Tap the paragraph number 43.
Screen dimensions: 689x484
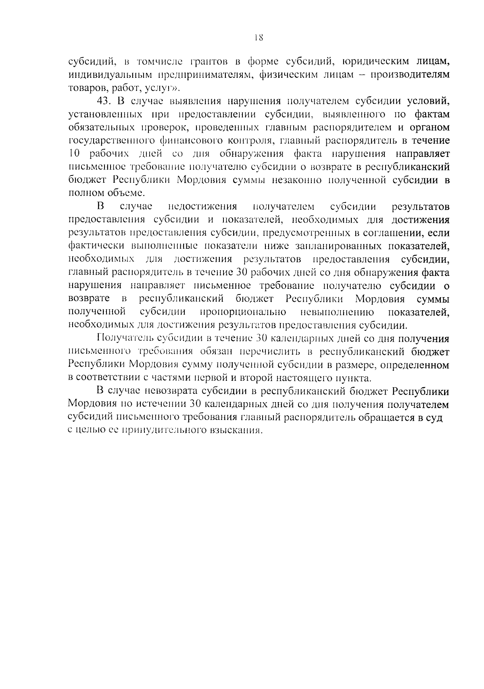[x=104, y=101]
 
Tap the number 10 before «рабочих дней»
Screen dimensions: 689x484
[x=75, y=154]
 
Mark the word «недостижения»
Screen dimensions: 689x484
[x=202, y=207]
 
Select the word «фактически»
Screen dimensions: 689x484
[x=96, y=246]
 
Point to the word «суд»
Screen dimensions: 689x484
[x=434, y=418]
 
